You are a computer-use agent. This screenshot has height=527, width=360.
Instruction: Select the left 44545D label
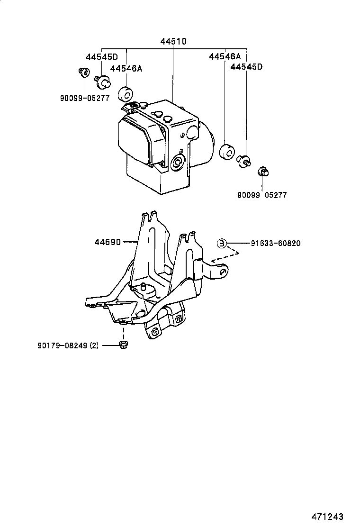(102, 57)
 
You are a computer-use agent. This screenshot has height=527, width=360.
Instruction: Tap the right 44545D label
(246, 67)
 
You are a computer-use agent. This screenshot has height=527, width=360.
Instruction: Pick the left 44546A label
(126, 69)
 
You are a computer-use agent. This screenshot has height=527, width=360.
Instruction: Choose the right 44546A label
(225, 57)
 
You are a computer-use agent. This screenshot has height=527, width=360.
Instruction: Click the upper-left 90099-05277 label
(85, 98)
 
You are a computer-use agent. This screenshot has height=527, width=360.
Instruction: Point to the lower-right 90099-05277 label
(262, 195)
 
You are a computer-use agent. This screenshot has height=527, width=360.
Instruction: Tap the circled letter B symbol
(221, 244)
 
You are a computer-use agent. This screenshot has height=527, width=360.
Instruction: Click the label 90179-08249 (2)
(68, 345)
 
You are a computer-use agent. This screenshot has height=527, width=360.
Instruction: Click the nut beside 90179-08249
(123, 345)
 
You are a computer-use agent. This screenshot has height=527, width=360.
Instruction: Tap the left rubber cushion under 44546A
(126, 94)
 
